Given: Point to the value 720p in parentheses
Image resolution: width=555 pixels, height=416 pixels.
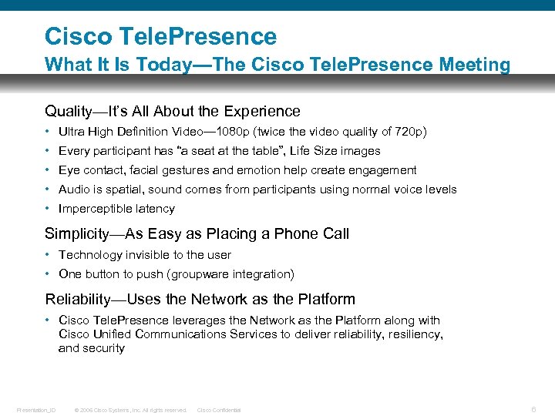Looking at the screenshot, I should pyautogui.click(x=407, y=132).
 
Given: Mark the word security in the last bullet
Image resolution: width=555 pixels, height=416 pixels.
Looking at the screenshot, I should pyautogui.click(x=103, y=348).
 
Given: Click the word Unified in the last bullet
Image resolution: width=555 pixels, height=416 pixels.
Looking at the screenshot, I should pyautogui.click(x=111, y=334).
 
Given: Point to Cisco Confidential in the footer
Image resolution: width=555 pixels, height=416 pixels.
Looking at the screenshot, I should pyautogui.click(x=219, y=410).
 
